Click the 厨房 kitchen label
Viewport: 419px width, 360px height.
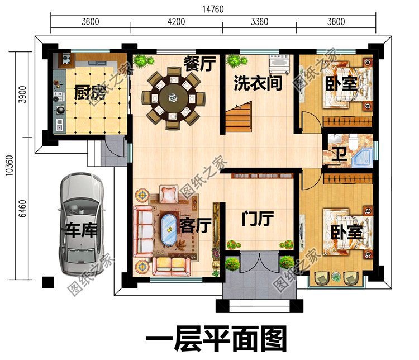coord(89,92)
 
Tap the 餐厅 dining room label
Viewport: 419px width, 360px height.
coord(199,64)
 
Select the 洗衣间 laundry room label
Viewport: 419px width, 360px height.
coord(258,84)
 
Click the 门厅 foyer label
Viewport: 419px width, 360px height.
coord(258,219)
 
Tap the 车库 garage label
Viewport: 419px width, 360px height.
coord(81,230)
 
